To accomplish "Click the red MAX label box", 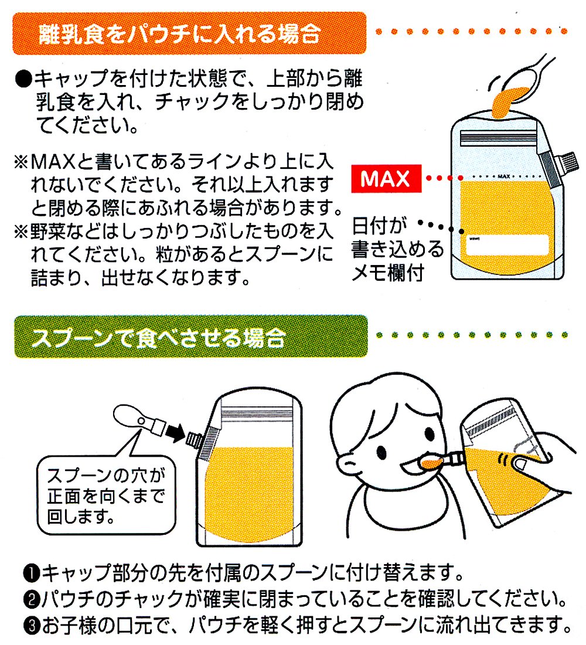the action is click(386, 178).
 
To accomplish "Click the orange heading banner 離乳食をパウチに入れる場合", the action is click(190, 33).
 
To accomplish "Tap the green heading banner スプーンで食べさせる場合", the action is click(191, 336).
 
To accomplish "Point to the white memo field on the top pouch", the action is click(507, 245).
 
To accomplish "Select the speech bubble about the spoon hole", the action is click(106, 494).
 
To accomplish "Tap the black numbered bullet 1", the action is click(32, 573).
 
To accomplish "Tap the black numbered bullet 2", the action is click(32, 600).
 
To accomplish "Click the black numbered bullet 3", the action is click(32, 626).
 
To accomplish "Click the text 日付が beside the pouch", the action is click(379, 226).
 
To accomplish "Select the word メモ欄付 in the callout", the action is click(388, 273).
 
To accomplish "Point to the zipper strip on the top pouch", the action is click(499, 138).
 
